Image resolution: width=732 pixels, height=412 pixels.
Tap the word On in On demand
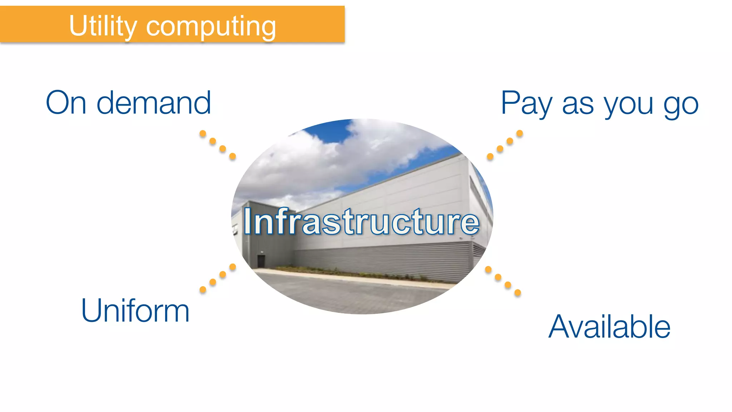click(66, 103)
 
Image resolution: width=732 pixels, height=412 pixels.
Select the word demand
click(154, 103)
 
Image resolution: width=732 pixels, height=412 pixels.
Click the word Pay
click(527, 104)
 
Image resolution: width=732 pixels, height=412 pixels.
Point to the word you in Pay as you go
click(629, 106)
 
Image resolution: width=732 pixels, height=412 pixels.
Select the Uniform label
click(135, 310)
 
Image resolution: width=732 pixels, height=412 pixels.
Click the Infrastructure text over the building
click(361, 222)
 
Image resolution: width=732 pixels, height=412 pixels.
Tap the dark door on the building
click(261, 261)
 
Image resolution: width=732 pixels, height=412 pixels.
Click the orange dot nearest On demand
click(203, 134)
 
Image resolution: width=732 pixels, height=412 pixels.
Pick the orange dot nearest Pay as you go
click(520, 133)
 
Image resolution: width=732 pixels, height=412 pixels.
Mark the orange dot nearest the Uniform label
click(203, 290)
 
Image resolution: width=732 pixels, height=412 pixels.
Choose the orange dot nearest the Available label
click(518, 293)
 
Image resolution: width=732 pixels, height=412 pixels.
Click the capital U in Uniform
click(91, 310)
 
